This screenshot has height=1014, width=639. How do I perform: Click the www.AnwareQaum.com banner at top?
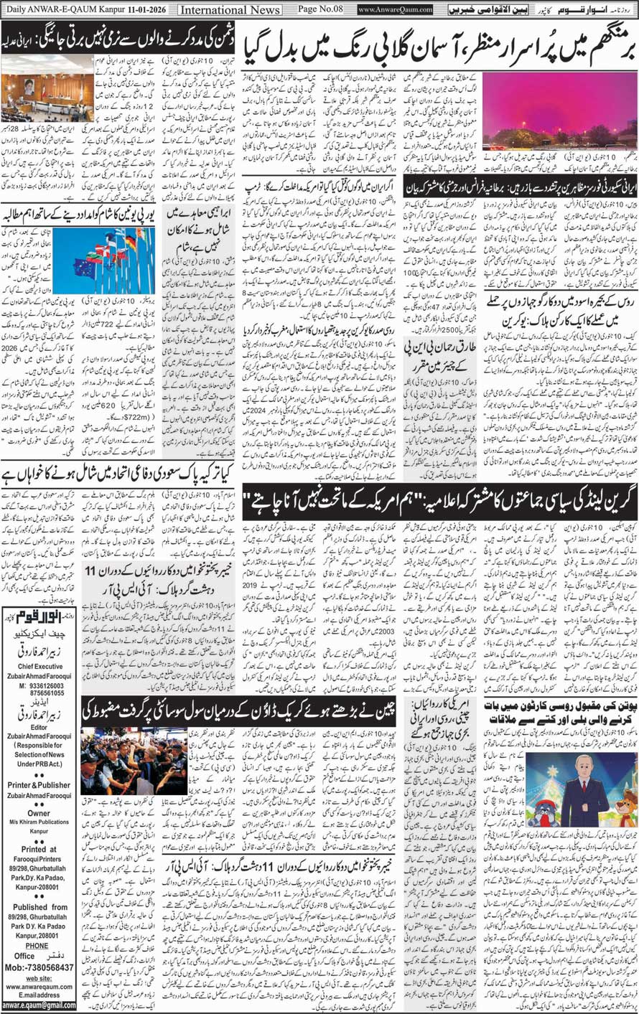coord(395,9)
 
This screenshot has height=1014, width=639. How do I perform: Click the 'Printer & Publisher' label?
coord(39,784)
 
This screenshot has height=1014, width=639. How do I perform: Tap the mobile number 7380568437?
coord(44,967)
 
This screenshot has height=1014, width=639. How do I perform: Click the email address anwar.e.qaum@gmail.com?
coord(39,1005)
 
